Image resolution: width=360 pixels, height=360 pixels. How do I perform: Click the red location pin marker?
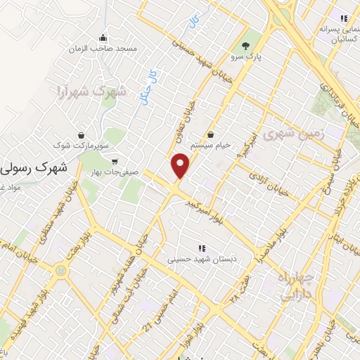click(181, 165)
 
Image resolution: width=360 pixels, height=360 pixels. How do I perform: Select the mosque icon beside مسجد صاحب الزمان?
click(104, 37)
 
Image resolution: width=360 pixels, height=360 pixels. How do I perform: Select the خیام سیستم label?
click(210, 146)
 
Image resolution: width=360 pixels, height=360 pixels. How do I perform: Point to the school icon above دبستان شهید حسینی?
click(201, 248)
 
